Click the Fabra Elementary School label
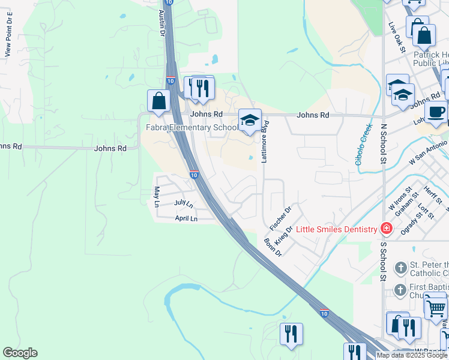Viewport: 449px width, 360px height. pyautogui.click(x=193, y=127)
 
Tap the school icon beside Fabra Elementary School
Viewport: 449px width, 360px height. pyautogui.click(x=250, y=121)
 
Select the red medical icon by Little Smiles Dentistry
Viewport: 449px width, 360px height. pyautogui.click(x=385, y=229)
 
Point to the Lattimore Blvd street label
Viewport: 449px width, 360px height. pyautogui.click(x=264, y=142)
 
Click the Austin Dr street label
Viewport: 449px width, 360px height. pyautogui.click(x=162, y=23)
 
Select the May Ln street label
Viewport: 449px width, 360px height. pyautogui.click(x=157, y=196)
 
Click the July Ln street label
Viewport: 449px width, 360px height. pyautogui.click(x=184, y=204)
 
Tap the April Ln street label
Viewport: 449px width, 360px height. pyautogui.click(x=186, y=219)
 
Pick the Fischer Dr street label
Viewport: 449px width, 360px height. pyautogui.click(x=280, y=218)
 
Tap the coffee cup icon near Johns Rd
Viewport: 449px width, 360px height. pyautogui.click(x=436, y=111)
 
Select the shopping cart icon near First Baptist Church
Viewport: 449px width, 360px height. pyautogui.click(x=435, y=308)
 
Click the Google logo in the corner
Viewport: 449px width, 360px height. pyautogui.click(x=20, y=353)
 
